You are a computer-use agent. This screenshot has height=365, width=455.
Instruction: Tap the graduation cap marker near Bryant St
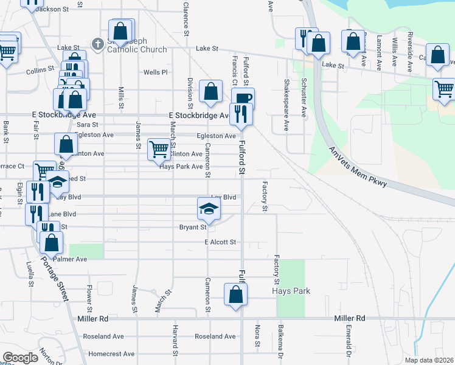(x=209, y=209)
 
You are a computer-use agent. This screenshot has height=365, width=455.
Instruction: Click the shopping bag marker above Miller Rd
(x=235, y=295)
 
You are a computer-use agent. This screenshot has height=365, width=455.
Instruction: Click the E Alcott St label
(x=220, y=242)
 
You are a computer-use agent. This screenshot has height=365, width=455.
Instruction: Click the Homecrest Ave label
(x=111, y=353)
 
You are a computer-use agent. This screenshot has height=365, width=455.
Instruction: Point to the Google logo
(x=20, y=358)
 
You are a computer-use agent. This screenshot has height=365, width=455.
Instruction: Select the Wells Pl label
(x=155, y=72)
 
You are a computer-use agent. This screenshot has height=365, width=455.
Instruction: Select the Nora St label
(x=258, y=336)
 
